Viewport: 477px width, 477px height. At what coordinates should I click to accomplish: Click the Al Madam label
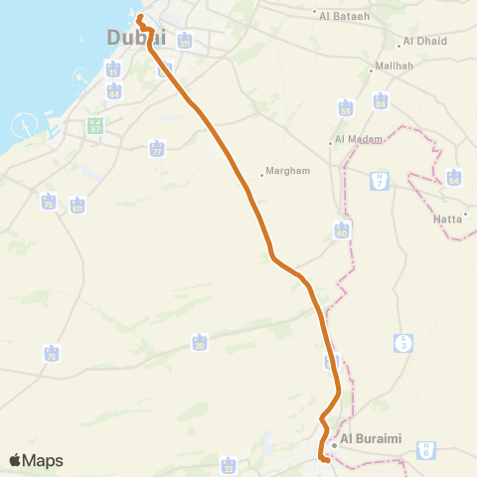pos(359,140)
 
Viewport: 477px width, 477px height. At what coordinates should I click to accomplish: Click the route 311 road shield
pos(185,41)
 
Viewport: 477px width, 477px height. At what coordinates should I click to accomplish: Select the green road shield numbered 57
pos(95,127)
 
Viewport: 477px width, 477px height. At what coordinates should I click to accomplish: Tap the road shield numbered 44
pos(114,91)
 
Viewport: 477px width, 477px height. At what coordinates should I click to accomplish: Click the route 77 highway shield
pos(156,149)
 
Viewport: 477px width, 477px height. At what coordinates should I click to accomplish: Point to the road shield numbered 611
pos(78,207)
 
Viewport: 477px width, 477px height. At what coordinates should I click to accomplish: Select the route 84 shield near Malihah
pos(381,101)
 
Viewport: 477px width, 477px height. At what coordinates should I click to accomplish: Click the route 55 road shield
pos(345,106)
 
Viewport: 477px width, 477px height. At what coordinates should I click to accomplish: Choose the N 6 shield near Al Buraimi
pos(425,449)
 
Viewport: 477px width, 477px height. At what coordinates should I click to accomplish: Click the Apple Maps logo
pos(37,460)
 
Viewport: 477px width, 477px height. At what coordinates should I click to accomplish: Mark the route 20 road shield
pos(200,343)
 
